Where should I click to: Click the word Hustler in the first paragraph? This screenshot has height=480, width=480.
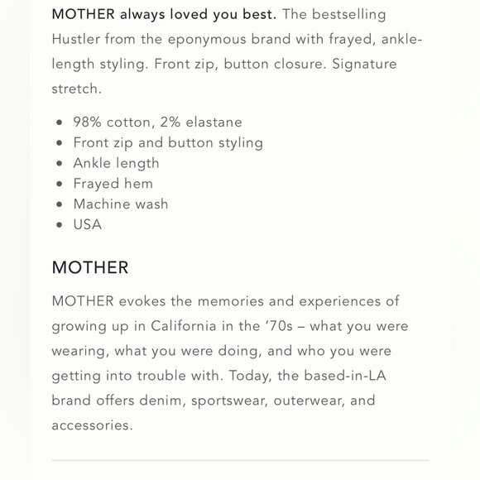[x=75, y=39]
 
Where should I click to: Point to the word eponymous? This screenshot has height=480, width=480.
[x=204, y=39]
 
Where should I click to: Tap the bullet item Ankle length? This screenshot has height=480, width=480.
[x=116, y=163]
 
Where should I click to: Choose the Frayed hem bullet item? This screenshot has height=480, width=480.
[x=113, y=184]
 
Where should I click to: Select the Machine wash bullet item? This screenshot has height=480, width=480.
[x=121, y=204]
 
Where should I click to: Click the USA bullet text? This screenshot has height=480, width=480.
[x=88, y=224]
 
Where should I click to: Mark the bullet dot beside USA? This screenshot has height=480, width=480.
[x=59, y=225]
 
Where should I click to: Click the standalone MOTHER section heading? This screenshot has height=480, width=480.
[x=90, y=268]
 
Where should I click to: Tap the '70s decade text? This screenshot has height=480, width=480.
[x=277, y=326]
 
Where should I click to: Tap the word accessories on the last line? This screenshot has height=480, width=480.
[x=91, y=425]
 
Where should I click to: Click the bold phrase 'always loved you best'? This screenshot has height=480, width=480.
[x=198, y=14]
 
